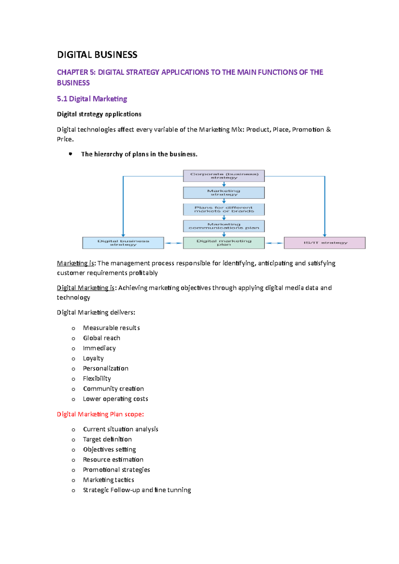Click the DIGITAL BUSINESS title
coord(97,55)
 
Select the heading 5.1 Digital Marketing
coord(92,99)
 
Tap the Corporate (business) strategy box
coord(224,176)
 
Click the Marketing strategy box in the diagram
coord(224,193)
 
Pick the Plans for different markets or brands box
coord(224,209)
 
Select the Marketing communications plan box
coord(224,226)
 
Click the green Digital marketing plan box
coord(224,243)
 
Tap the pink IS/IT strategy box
coord(325,243)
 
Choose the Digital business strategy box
coord(123,243)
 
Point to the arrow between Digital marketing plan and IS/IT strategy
coord(274,243)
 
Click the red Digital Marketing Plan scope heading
coord(100,414)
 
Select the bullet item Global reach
coord(101,338)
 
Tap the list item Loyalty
coord(93,358)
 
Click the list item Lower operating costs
coord(115,399)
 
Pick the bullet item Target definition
coord(107,439)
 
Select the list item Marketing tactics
coord(108,480)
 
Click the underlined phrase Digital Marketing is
coord(85,288)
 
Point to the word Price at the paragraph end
coord(65,139)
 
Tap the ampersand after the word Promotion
coord(329,130)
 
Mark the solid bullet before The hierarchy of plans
coord(70,154)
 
